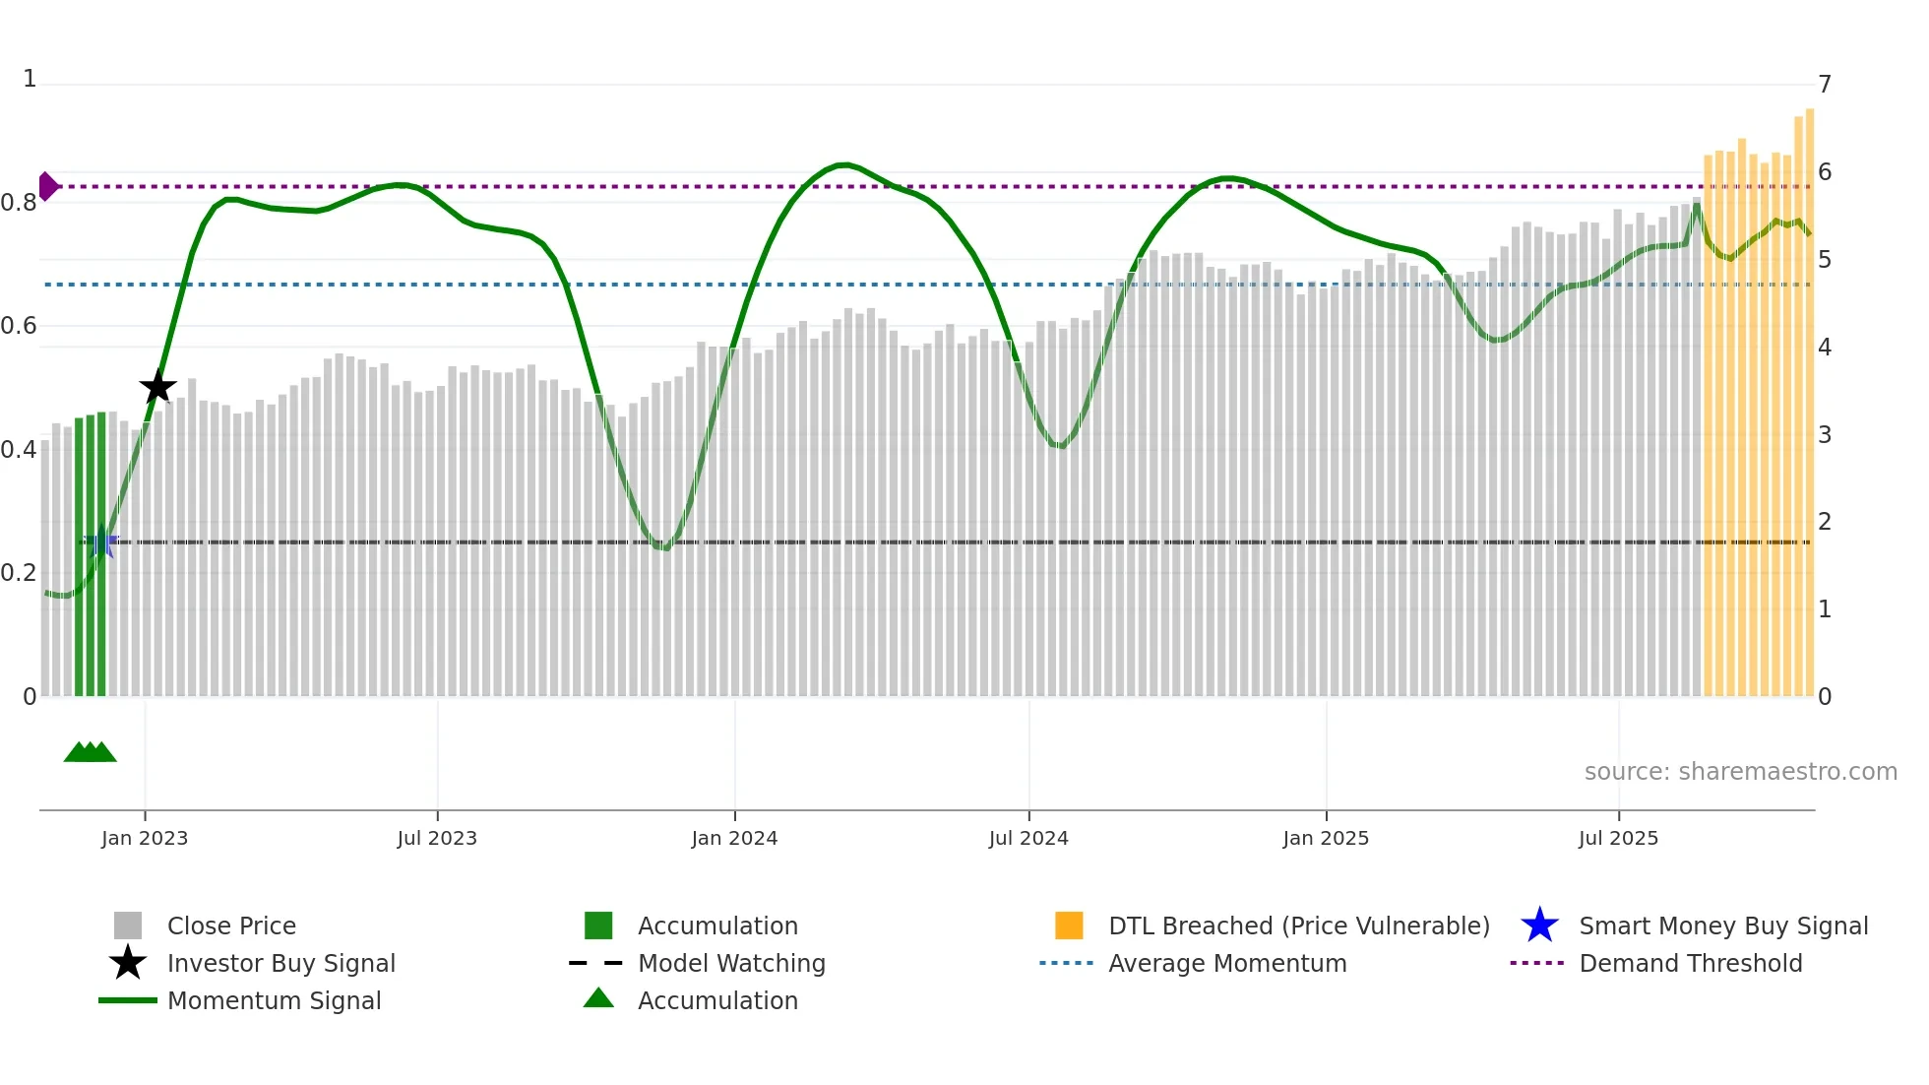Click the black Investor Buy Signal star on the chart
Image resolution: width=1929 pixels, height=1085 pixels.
157,387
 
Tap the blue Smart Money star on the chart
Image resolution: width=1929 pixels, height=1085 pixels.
99,542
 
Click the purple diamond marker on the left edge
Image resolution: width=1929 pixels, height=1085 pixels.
47,186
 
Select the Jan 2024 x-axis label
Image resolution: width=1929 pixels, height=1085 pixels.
734,839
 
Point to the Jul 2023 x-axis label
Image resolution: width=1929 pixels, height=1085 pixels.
437,839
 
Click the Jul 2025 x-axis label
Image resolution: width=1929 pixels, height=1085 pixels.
1618,839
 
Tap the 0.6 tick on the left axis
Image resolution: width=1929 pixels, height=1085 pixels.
20,326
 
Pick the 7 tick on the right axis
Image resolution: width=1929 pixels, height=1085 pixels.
1825,85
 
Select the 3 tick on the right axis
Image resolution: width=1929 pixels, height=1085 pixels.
1825,435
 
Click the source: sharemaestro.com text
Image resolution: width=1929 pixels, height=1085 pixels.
1740,772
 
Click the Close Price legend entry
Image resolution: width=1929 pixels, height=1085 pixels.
231,926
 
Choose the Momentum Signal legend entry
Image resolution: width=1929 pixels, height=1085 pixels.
274,1001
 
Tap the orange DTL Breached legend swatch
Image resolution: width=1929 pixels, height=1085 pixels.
1069,926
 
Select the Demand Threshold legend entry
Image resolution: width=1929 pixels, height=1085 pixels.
1690,964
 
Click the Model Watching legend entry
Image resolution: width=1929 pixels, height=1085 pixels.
731,964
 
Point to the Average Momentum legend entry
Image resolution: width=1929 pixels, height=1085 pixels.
1227,964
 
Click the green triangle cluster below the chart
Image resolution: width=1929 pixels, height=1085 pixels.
90,753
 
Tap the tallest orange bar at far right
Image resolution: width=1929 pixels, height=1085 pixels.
1809,394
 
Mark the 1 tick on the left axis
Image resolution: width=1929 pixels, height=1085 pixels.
30,79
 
